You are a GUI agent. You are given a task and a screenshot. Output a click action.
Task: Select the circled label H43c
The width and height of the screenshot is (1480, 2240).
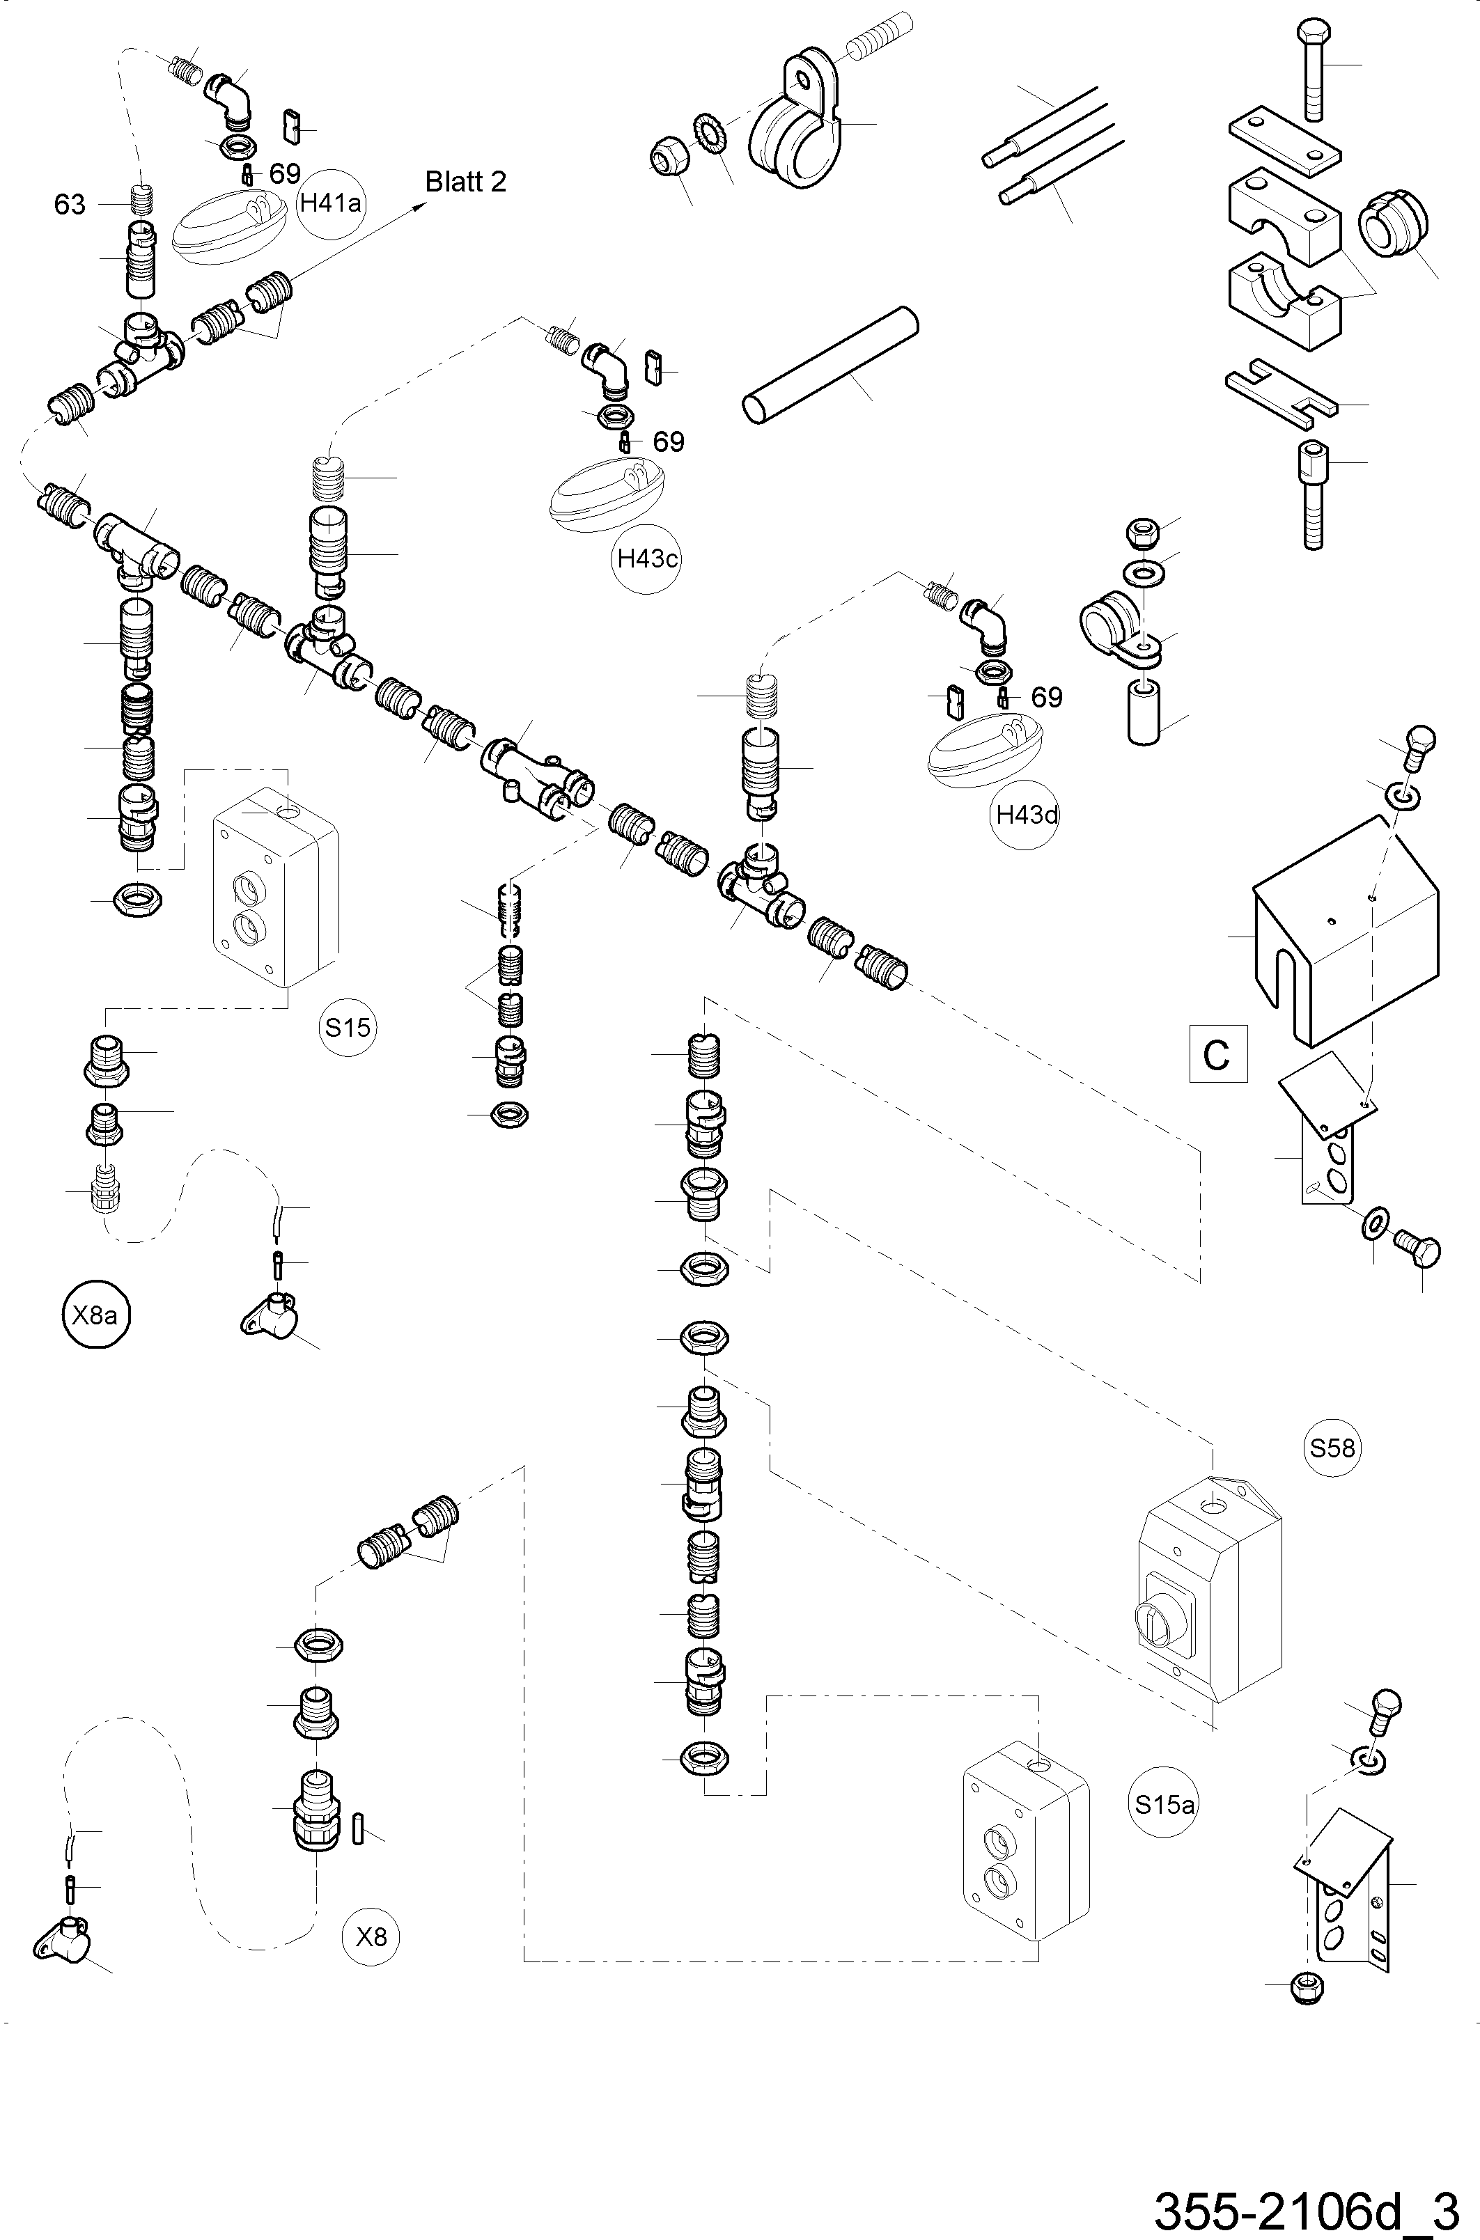648,558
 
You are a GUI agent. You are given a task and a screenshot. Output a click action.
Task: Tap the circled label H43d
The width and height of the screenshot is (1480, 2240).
1027,814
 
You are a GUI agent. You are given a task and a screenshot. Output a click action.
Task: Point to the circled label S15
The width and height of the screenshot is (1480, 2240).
348,1026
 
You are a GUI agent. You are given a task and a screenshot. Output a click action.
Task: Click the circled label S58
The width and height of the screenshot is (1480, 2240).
1332,1448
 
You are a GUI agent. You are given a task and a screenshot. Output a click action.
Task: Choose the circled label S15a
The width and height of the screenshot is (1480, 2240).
1164,1805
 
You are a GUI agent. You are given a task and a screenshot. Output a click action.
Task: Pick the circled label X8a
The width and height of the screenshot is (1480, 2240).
95,1315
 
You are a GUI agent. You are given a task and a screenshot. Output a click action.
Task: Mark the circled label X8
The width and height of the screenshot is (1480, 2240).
372,1937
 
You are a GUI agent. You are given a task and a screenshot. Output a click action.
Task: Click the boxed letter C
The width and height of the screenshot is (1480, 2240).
1217,1054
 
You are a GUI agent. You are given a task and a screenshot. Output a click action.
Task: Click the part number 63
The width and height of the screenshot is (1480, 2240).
70,204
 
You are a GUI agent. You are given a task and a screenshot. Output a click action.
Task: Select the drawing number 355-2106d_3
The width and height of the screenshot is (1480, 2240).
1307,2206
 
